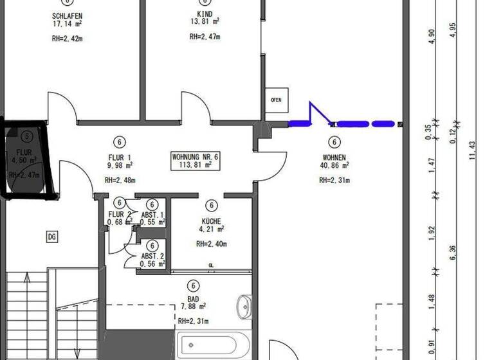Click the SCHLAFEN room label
click(x=68, y=15)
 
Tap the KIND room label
click(x=205, y=14)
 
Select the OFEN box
click(x=276, y=100)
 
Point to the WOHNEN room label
click(x=334, y=157)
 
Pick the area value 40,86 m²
click(x=334, y=166)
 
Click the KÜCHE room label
click(x=211, y=221)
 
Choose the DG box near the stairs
click(x=52, y=237)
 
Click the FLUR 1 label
click(x=120, y=157)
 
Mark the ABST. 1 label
click(x=152, y=215)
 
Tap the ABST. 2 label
click(x=152, y=256)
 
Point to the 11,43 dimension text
click(x=472, y=152)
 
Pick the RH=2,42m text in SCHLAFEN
click(x=68, y=39)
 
